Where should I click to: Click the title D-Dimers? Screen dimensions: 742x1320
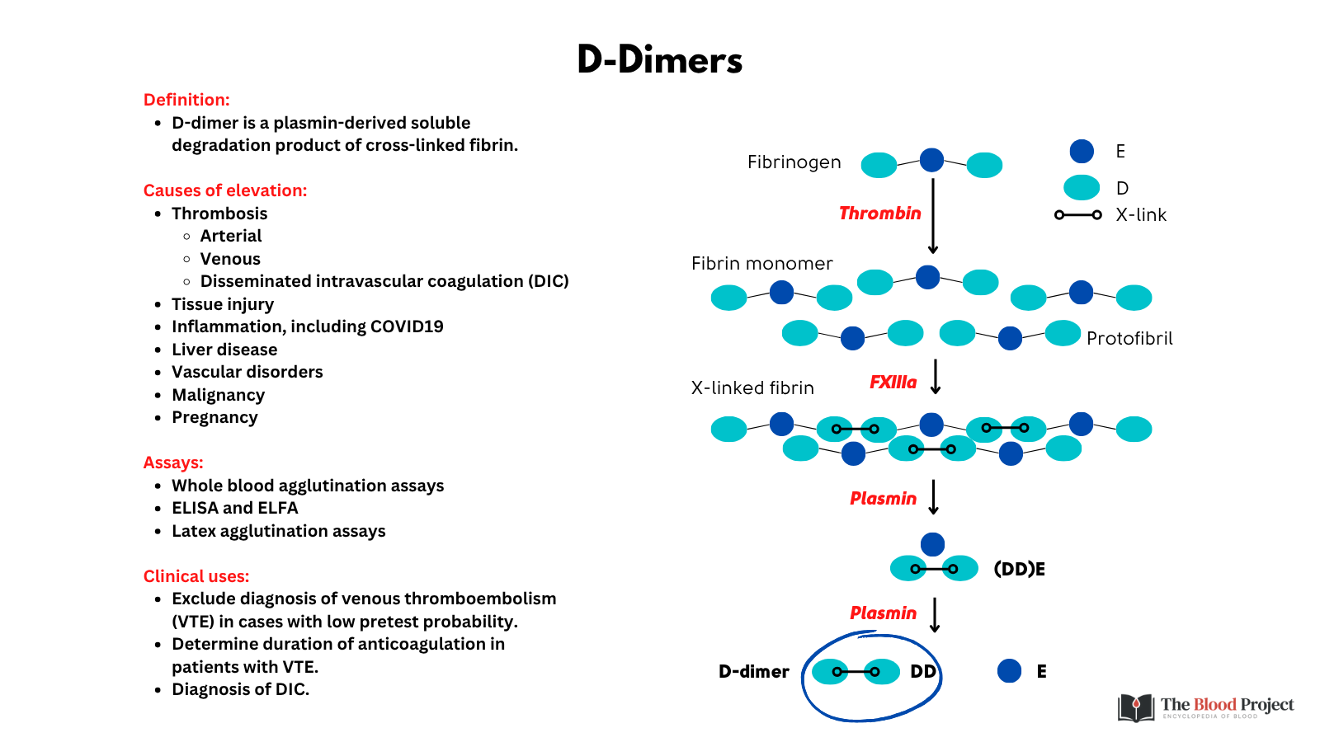click(659, 60)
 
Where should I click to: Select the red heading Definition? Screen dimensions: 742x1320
click(186, 100)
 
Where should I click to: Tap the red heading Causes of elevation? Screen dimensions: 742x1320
click(224, 190)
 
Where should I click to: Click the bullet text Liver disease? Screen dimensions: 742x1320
click(224, 350)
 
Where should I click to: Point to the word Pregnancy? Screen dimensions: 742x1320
click(214, 417)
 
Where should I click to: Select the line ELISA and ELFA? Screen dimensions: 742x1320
click(234, 508)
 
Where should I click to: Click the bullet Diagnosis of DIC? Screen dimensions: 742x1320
click(240, 689)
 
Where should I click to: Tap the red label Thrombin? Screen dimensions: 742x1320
click(879, 214)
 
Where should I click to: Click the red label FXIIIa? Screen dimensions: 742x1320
click(893, 383)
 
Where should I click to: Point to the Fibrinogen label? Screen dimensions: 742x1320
click(794, 162)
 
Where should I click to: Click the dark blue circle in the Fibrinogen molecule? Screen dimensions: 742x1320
click(931, 160)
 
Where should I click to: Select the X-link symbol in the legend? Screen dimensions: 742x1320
click(1077, 215)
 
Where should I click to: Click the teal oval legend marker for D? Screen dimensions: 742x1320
click(1082, 188)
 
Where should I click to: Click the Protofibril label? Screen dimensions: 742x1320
click(1129, 339)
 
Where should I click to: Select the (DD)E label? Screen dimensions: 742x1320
click(1019, 569)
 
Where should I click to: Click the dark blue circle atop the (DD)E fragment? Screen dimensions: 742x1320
click(932, 544)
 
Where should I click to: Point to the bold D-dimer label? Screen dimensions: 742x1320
click(753, 672)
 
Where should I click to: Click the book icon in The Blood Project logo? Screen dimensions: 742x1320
click(1136, 707)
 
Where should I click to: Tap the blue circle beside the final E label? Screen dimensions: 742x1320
click(1009, 671)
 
